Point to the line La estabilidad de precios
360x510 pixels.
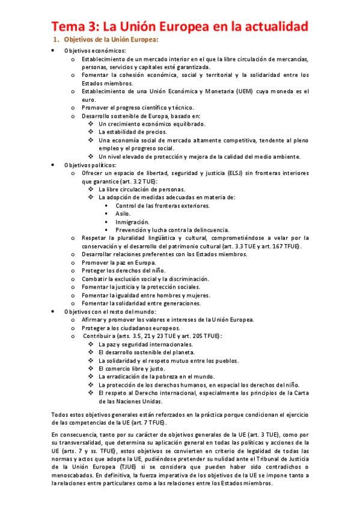click(133, 132)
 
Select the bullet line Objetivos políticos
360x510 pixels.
click(91, 164)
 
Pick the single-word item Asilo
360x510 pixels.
click(123, 214)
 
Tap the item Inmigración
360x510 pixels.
click(132, 222)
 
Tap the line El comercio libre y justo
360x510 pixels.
click(132, 369)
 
